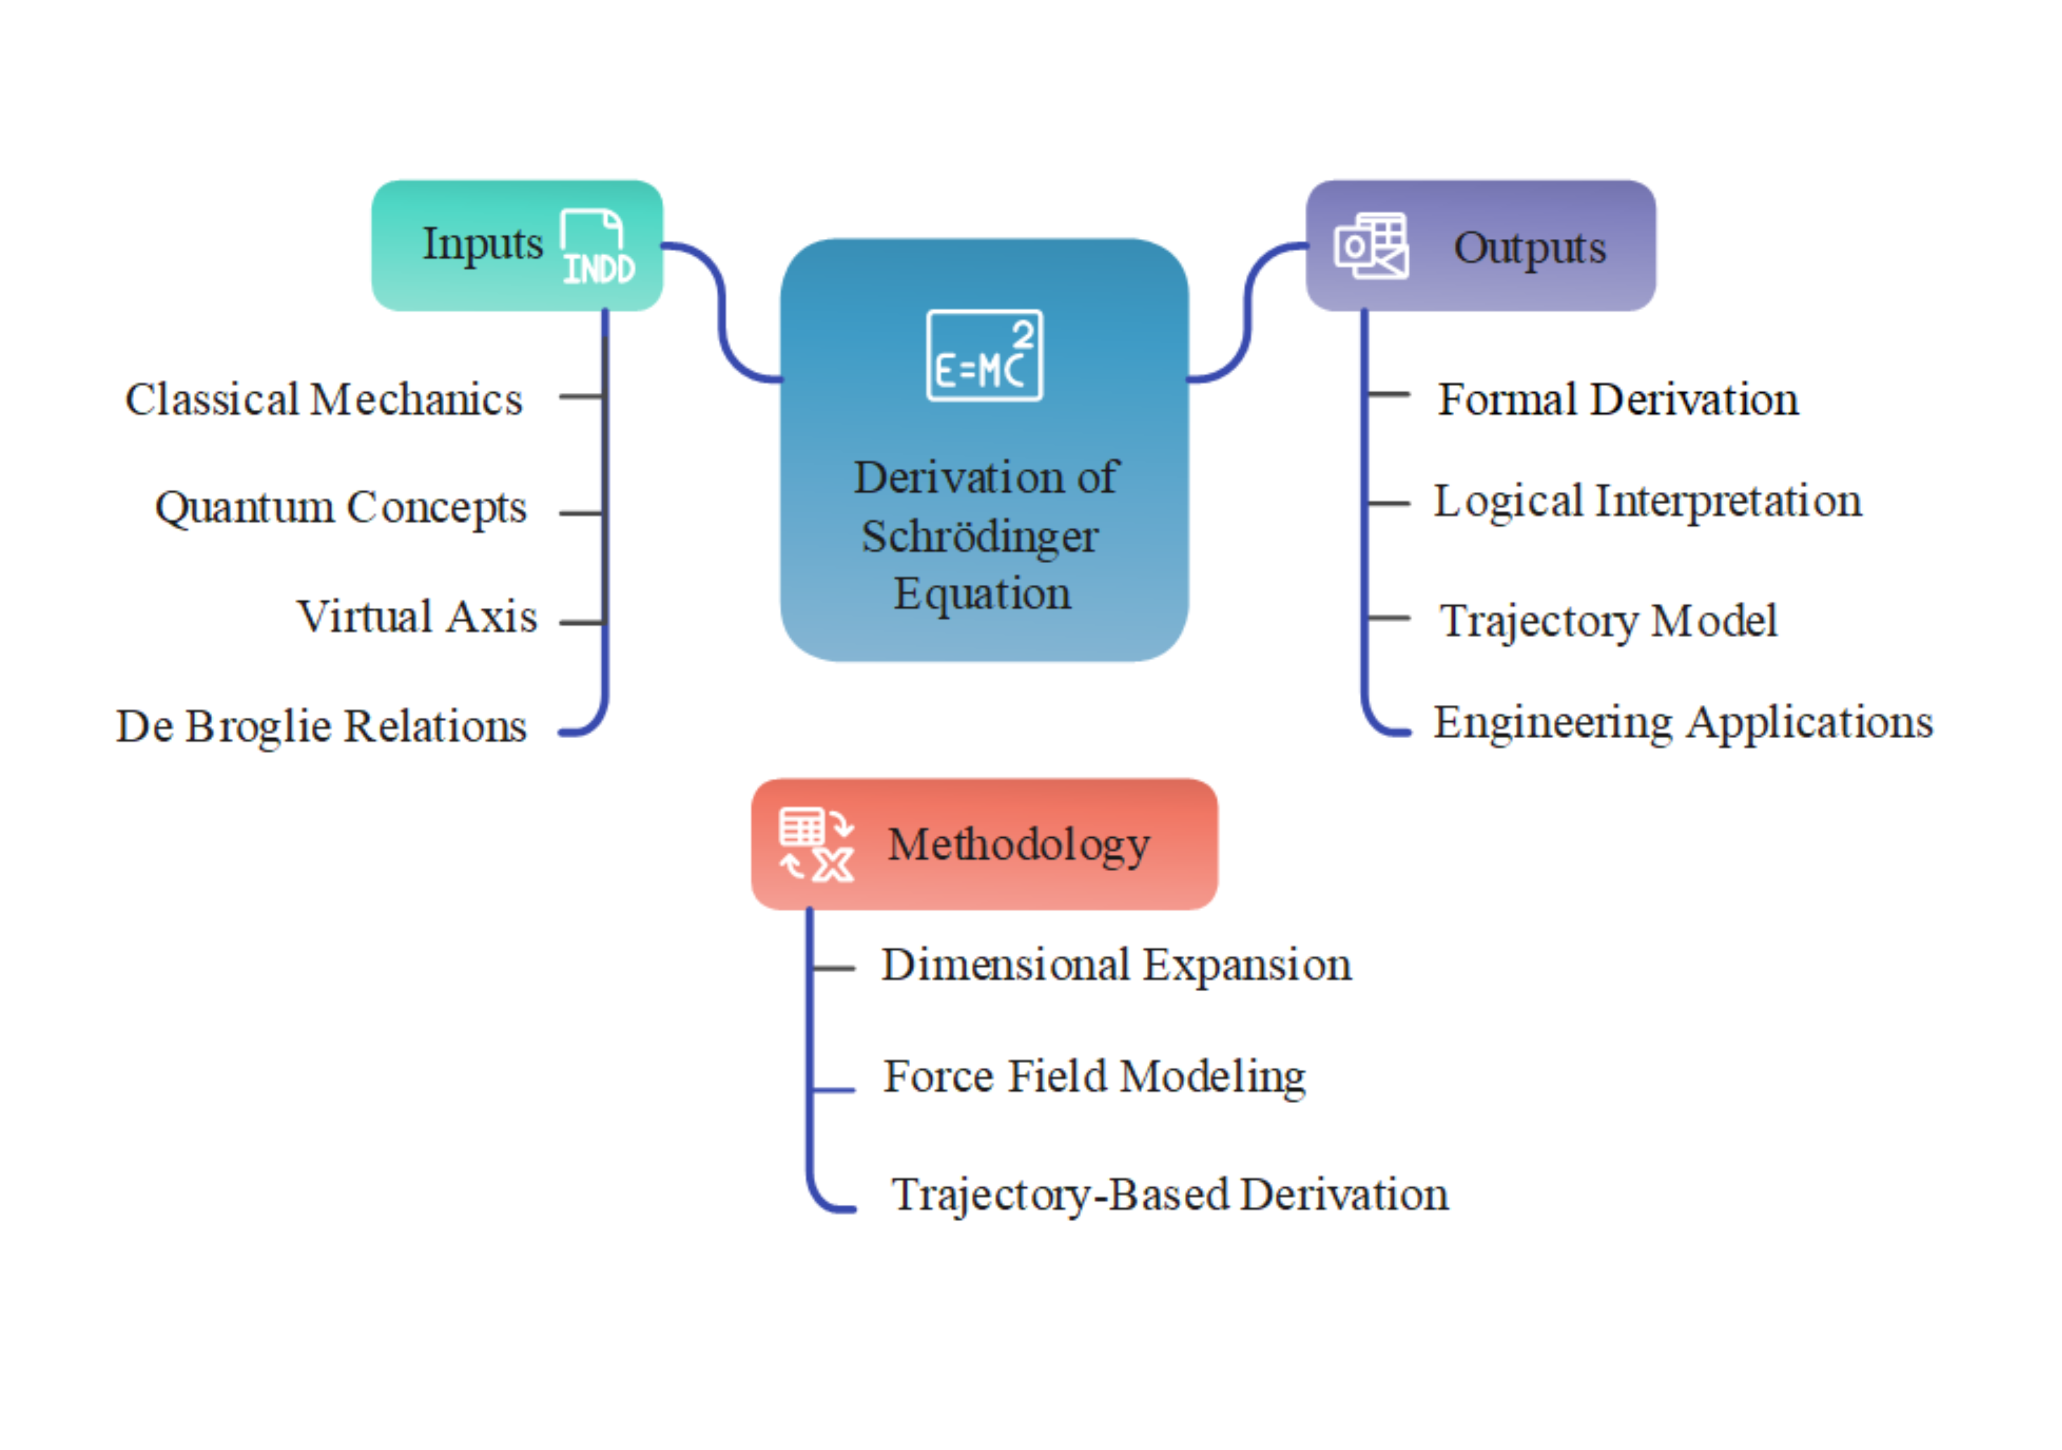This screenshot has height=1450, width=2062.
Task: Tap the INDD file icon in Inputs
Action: (597, 247)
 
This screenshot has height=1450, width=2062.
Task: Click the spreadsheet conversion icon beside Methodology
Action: (815, 844)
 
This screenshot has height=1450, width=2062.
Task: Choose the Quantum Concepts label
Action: (341, 507)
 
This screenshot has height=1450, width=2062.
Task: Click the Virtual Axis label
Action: (417, 617)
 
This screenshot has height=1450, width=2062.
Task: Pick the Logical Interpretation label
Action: (1647, 501)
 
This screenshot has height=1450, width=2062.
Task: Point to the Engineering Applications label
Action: (1682, 723)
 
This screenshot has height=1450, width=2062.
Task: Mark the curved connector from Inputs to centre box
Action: (721, 310)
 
